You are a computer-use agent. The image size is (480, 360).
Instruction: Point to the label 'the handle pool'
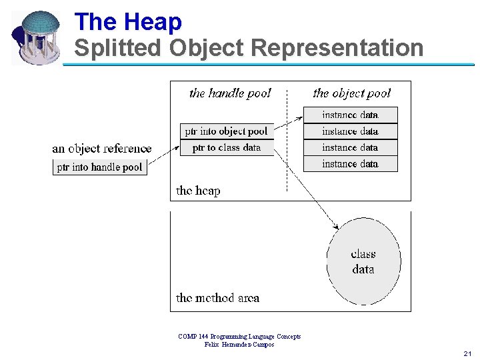click(x=230, y=93)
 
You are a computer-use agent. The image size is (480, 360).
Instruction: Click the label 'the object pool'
click(x=351, y=93)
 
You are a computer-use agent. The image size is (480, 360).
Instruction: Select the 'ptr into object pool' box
click(x=227, y=131)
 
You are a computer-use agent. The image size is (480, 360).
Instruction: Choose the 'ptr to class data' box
click(x=227, y=147)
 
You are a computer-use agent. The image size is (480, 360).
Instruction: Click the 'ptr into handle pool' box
click(x=100, y=167)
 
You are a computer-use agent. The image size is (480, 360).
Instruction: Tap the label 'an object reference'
click(x=102, y=149)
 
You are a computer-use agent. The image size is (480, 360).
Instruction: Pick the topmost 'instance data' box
click(x=350, y=115)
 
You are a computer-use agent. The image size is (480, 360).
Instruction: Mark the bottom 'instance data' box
click(x=350, y=163)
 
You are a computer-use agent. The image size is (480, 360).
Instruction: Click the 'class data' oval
click(x=363, y=261)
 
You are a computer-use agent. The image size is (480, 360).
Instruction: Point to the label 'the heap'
click(x=198, y=191)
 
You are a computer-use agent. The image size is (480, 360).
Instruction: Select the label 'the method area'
click(x=217, y=298)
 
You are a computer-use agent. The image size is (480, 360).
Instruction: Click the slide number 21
click(x=467, y=353)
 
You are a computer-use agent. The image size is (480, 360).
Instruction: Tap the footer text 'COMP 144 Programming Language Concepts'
click(x=239, y=337)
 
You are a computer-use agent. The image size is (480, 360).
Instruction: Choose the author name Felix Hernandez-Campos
click(x=239, y=345)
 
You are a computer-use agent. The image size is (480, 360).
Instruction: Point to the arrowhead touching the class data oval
click(x=337, y=227)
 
